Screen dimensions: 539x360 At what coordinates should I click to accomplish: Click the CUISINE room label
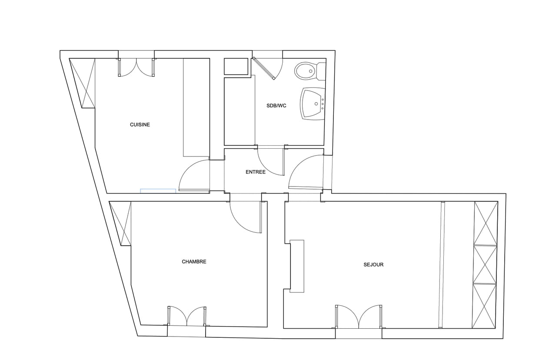pyautogui.click(x=140, y=125)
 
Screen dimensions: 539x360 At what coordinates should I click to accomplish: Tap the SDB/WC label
pyautogui.click(x=276, y=106)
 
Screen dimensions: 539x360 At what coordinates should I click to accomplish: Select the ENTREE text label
pyautogui.click(x=256, y=172)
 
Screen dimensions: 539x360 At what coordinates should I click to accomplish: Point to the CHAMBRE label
pyautogui.click(x=194, y=262)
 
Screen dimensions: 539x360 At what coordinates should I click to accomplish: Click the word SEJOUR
pyautogui.click(x=373, y=265)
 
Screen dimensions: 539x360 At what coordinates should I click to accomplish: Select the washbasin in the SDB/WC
pyautogui.click(x=313, y=104)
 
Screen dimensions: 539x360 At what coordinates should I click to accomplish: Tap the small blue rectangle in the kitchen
pyautogui.click(x=158, y=191)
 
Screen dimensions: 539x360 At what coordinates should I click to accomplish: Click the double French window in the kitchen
pyautogui.click(x=136, y=67)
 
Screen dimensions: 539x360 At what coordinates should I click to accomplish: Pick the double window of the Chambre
pyautogui.click(x=187, y=316)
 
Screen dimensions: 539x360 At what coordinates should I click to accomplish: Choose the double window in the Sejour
pyautogui.click(x=359, y=317)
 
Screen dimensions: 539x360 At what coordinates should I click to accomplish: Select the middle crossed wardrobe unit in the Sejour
pyautogui.click(x=485, y=264)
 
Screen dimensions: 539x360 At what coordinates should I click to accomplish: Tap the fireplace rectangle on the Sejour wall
pyautogui.click(x=297, y=266)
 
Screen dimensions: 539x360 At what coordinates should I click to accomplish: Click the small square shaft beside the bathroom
pyautogui.click(x=236, y=66)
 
